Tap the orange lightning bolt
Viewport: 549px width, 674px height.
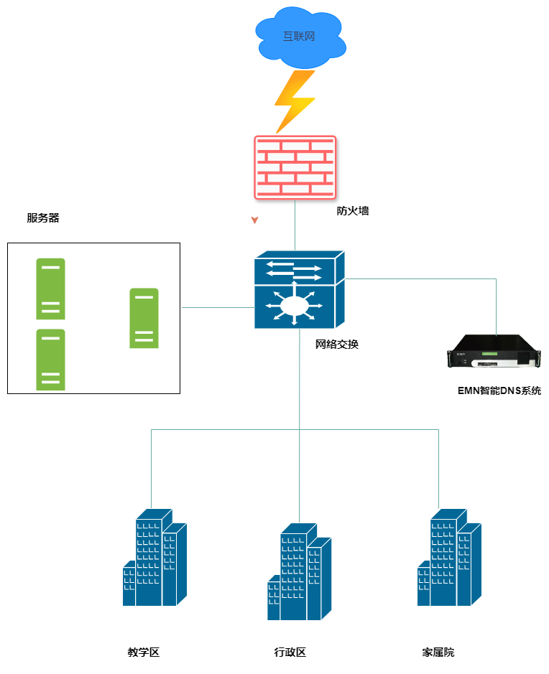pos(295,100)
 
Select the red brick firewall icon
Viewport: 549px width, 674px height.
pos(295,167)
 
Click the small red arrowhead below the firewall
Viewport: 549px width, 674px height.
pos(254,220)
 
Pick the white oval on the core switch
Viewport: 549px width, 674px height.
pos(294,306)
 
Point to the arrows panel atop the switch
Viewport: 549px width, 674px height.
pos(295,271)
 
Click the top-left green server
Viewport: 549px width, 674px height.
pos(50,289)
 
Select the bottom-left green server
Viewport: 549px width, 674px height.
pos(50,360)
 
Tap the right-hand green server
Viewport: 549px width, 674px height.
pos(144,318)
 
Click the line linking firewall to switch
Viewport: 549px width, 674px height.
pos(295,224)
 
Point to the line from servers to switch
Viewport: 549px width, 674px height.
pos(216,307)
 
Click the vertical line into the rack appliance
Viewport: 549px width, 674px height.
pos(497,305)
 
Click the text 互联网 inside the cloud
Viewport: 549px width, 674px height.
pos(299,37)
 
